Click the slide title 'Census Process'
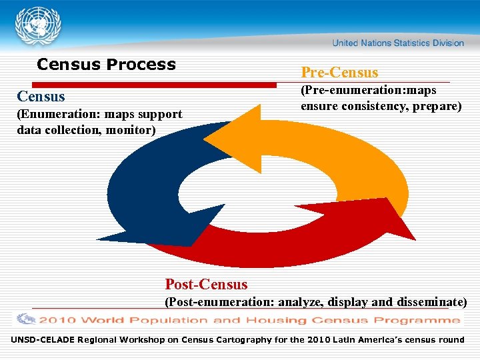point(107,65)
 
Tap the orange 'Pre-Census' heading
point(339,72)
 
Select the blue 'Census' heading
point(41,97)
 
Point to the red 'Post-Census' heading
point(206,285)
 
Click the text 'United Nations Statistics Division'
point(398,43)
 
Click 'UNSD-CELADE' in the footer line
point(42,340)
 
